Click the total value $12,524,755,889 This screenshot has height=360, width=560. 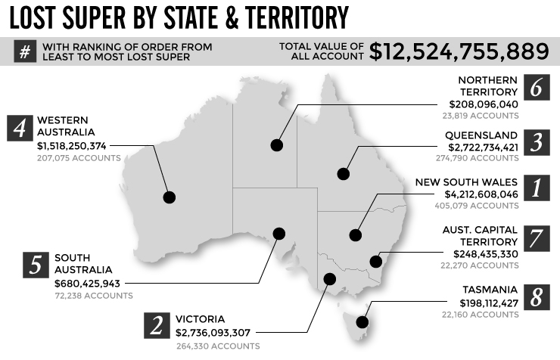point(459,51)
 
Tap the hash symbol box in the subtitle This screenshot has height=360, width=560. point(24,51)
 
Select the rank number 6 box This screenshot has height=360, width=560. point(535,88)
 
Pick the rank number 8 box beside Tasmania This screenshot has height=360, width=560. point(535,296)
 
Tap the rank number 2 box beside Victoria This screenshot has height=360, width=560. point(156,325)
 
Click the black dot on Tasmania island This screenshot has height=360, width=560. point(362,322)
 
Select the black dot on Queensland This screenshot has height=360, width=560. point(344,173)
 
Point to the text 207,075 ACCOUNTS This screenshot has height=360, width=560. point(79,157)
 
